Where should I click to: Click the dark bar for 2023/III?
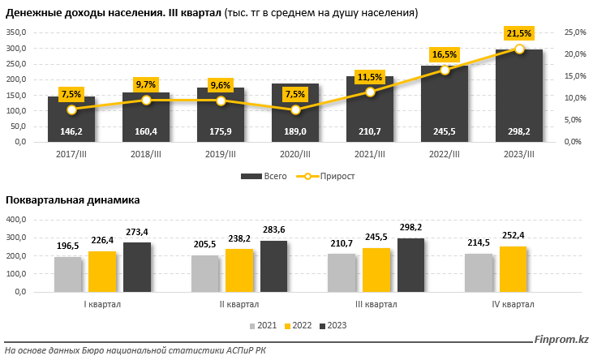(x=519, y=97)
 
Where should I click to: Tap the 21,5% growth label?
(x=519, y=33)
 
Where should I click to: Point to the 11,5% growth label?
(x=370, y=77)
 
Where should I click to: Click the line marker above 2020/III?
(x=295, y=109)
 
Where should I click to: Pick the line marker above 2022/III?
(x=445, y=70)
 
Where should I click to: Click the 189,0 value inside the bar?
(x=295, y=131)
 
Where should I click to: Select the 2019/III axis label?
(x=221, y=154)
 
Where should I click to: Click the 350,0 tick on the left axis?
(x=16, y=32)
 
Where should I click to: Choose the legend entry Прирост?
(x=328, y=176)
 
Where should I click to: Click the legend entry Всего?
(x=262, y=176)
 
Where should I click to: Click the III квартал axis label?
(x=377, y=304)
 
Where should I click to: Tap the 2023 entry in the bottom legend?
(x=333, y=325)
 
